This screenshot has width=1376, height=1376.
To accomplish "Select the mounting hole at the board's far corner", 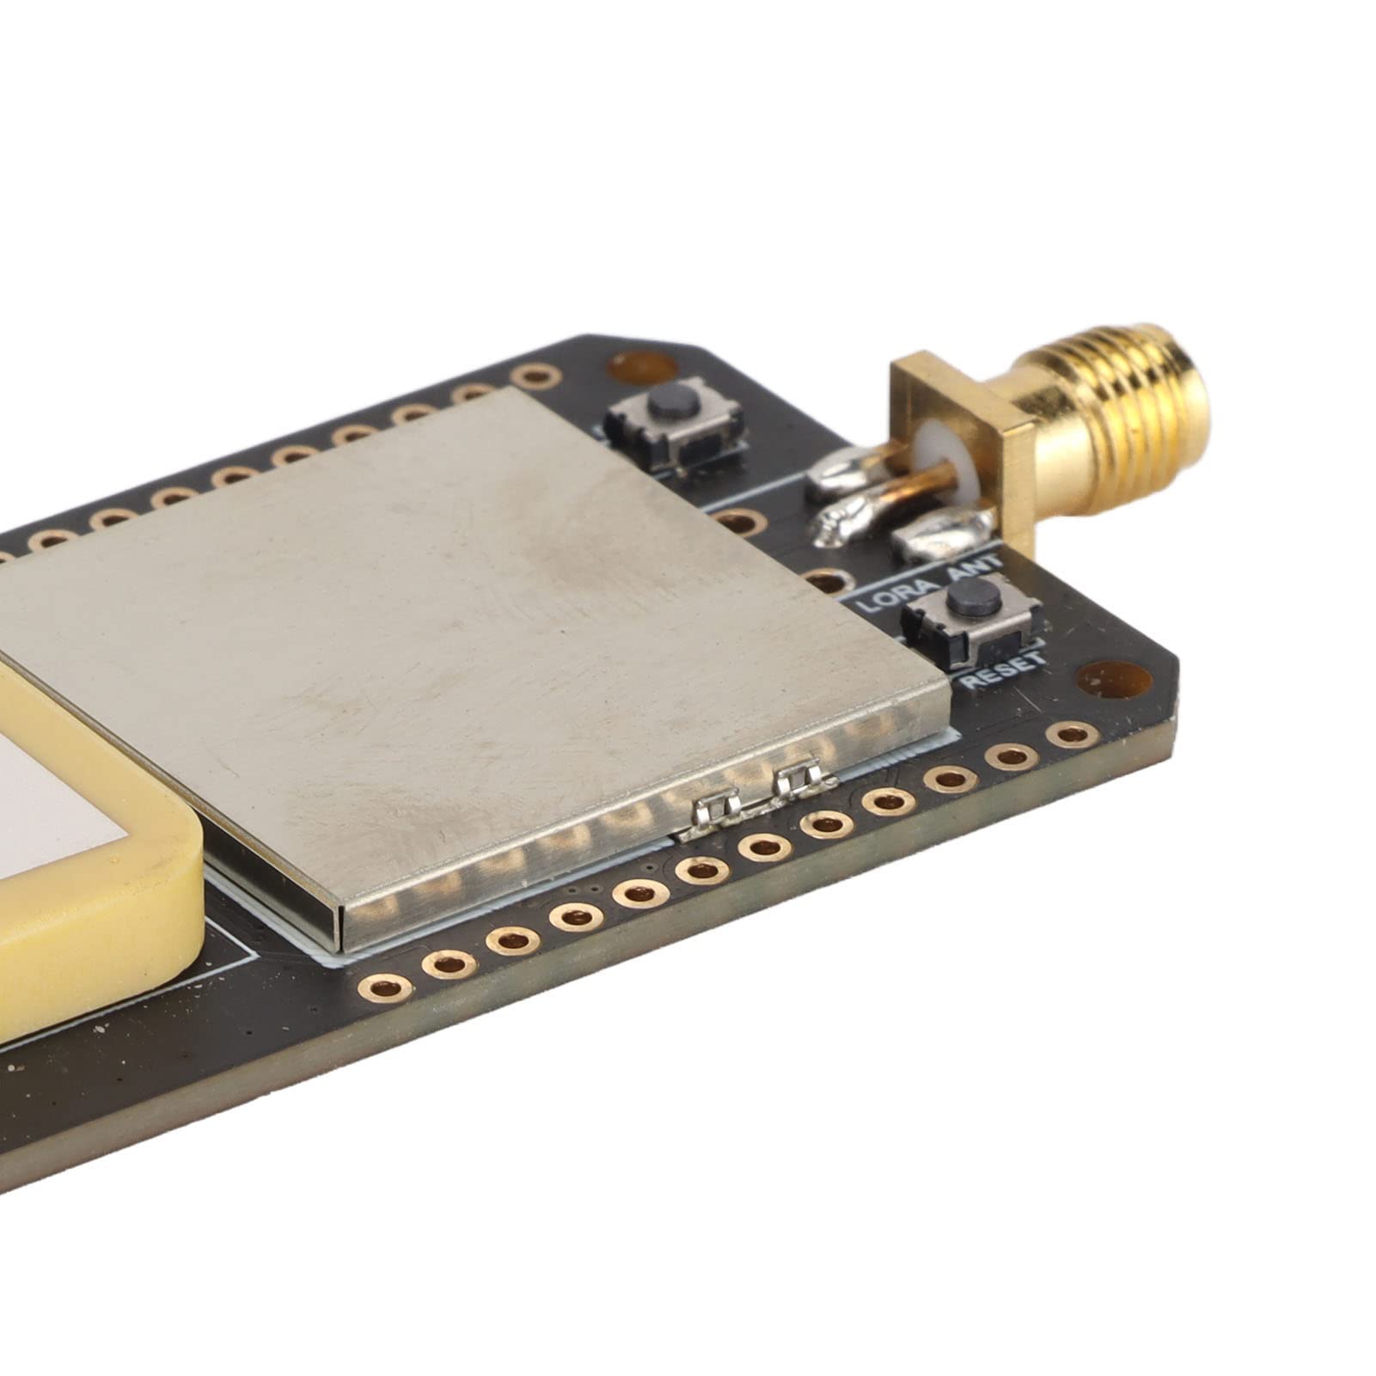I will (x=630, y=367).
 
